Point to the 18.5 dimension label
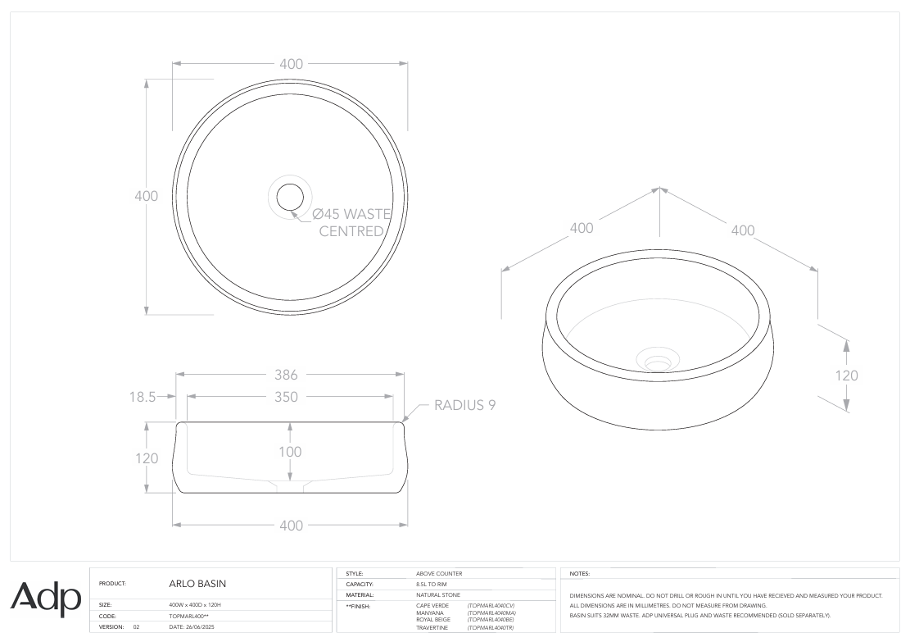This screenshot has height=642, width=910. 143,397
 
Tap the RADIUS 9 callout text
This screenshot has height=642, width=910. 464,405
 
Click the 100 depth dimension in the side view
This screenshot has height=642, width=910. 290,452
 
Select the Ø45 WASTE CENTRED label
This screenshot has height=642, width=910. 351,223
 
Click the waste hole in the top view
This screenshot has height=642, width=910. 289,197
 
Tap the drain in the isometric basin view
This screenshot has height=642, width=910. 657,359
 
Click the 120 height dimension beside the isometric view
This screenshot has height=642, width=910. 846,376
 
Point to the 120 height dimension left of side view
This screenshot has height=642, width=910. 147,458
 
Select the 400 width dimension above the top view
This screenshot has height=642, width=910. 291,64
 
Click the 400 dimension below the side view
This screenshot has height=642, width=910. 291,526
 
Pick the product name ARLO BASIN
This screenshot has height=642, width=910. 197,584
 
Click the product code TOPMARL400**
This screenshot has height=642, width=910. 189,615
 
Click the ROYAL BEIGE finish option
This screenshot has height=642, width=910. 433,619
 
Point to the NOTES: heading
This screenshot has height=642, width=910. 579,574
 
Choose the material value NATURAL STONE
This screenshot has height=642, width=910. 438,594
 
